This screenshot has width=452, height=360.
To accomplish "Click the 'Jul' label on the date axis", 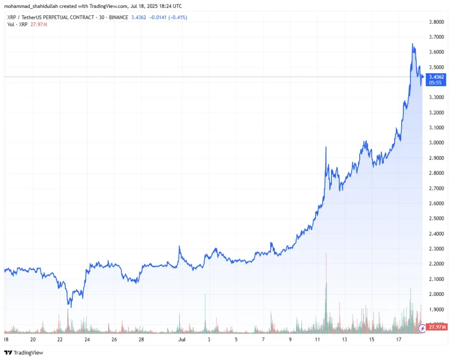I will click(181, 340).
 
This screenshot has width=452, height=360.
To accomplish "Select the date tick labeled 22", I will click(60, 340).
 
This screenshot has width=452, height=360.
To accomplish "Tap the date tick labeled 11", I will click(317, 340).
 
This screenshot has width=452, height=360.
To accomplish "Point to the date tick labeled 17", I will click(399, 340).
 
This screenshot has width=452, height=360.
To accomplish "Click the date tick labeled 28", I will click(141, 340).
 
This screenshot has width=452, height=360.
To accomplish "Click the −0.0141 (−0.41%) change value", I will click(168, 17).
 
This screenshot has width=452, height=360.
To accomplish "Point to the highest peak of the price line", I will click(412, 44).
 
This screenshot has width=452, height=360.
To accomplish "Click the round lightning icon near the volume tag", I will click(422, 328).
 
